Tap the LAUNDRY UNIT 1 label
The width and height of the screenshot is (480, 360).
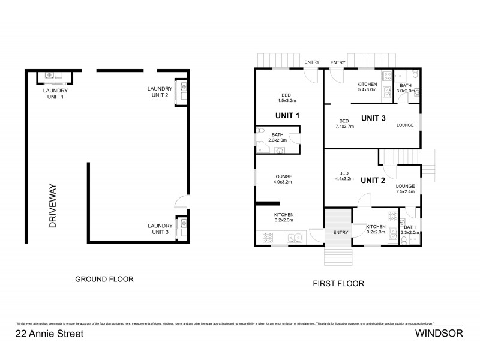coord(58,94)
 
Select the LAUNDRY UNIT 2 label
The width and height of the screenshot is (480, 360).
coord(159,92)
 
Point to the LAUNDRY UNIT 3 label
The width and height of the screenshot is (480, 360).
coord(159,229)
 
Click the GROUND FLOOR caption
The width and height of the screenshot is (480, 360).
coord(104,279)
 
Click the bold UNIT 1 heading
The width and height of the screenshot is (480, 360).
coord(288,115)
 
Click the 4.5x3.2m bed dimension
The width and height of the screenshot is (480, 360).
coord(286,101)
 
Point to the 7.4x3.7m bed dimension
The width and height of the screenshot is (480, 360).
coord(346,127)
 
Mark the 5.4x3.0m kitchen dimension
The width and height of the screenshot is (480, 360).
coord(367,90)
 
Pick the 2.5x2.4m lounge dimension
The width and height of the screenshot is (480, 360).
coord(406,193)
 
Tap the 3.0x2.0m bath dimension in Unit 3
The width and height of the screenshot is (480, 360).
coord(406,92)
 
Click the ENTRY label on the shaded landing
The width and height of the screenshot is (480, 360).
coord(340,232)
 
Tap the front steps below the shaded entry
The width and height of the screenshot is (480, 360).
coord(338,256)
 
